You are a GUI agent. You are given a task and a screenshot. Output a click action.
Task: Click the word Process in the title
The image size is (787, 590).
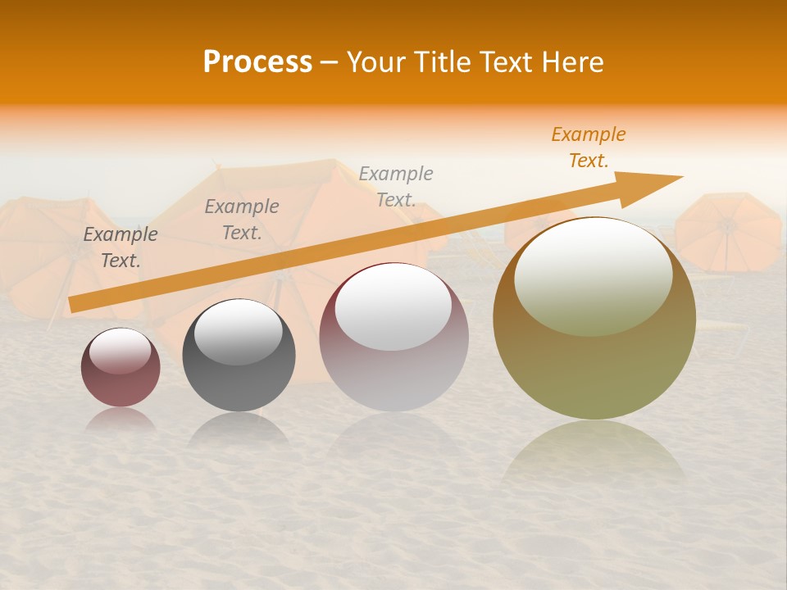pyautogui.click(x=257, y=62)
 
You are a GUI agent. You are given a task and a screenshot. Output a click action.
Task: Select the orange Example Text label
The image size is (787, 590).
pyautogui.click(x=588, y=147)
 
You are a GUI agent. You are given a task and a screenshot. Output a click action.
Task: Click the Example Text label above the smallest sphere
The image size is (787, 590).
pyautogui.click(x=121, y=247)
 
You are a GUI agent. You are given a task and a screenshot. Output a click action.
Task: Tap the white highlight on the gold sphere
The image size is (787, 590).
pyautogui.click(x=593, y=275)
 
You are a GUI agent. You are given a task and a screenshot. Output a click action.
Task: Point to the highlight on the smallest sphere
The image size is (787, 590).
pyautogui.click(x=120, y=351)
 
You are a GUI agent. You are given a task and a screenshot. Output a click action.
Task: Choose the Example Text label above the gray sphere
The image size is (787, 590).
pyautogui.click(x=242, y=220)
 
